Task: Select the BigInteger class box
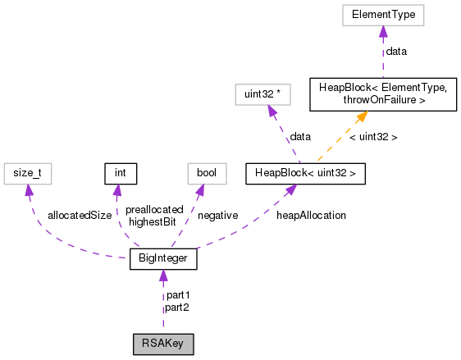point(163,261)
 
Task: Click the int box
point(120,173)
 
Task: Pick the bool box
point(201,173)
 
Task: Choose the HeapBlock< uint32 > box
point(305,173)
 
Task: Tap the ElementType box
point(381,15)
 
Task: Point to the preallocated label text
point(153,209)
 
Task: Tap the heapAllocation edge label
point(311,215)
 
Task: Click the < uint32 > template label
point(373,137)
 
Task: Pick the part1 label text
point(177,295)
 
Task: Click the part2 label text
point(177,308)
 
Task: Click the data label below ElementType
point(396,51)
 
